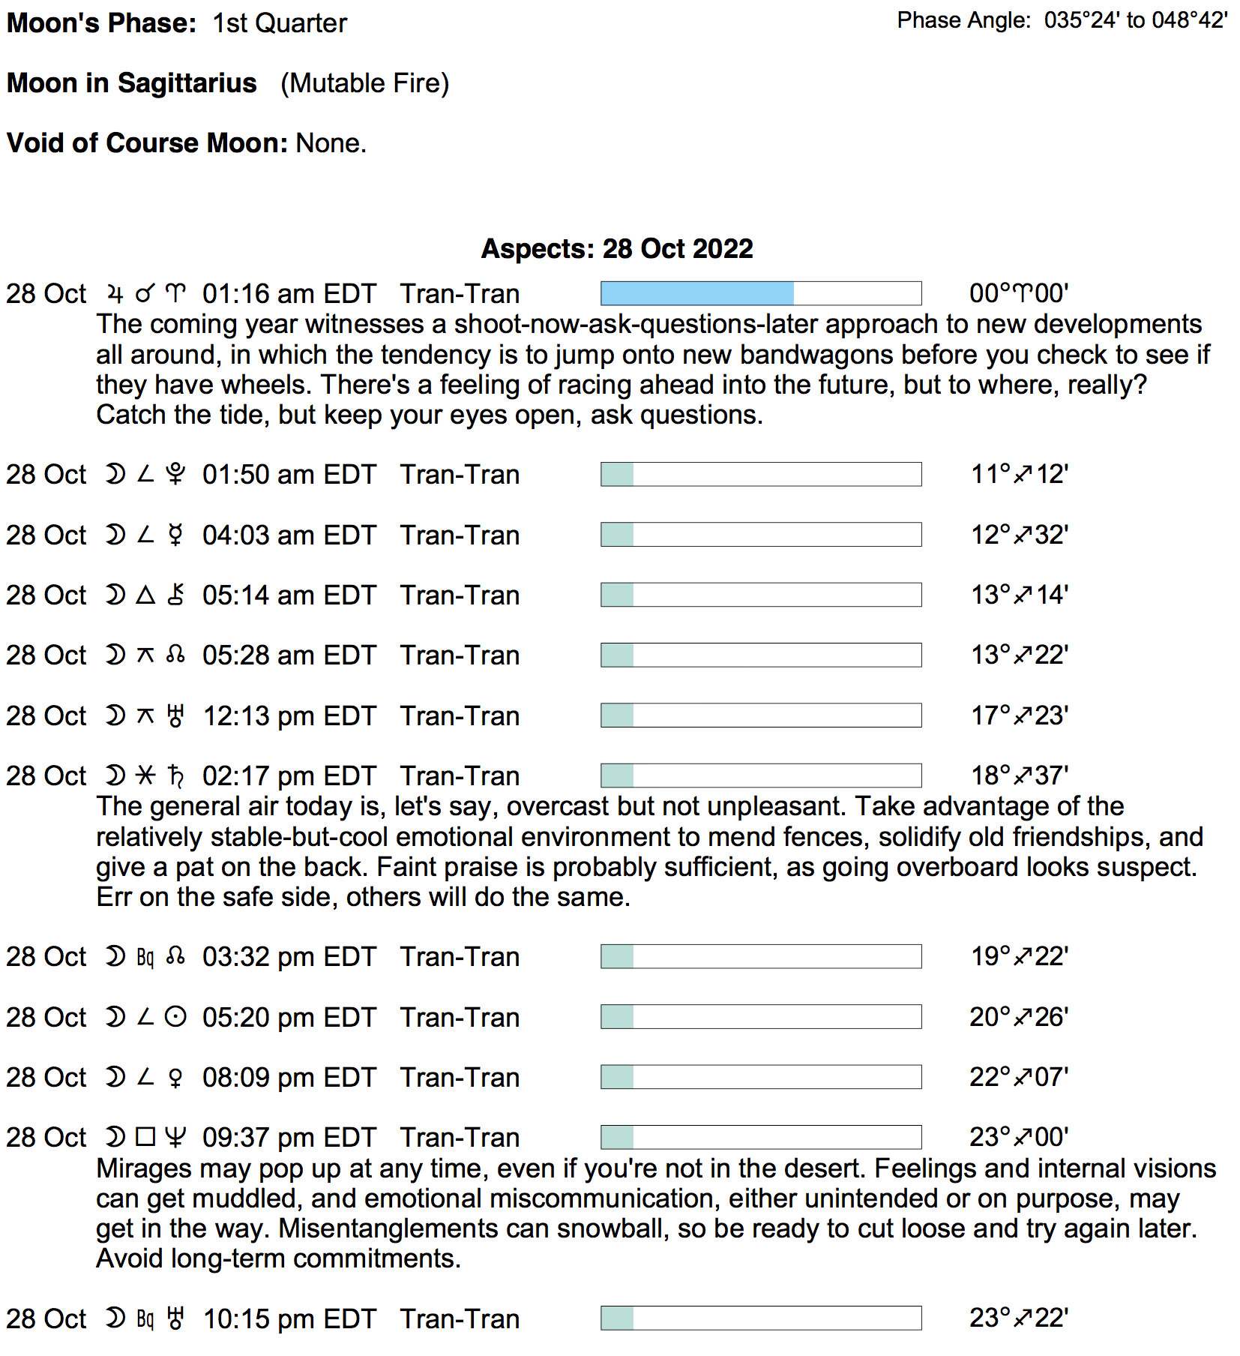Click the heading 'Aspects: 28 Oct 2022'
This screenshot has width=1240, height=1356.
[x=617, y=249]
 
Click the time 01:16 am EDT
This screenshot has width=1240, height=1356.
[x=289, y=294]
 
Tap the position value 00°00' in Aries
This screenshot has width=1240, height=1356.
[x=1018, y=293]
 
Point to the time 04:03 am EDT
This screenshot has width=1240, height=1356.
[x=289, y=535]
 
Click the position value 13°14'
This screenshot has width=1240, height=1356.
[x=1019, y=595]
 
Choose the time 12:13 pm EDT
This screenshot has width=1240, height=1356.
[x=289, y=716]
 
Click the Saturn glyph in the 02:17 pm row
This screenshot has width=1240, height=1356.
[x=175, y=776]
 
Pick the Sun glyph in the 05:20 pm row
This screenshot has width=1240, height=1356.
[x=175, y=1018]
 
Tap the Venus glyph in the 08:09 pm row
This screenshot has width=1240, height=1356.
[x=175, y=1078]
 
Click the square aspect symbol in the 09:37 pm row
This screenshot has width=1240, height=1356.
[x=145, y=1138]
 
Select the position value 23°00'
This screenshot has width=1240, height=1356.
[x=1018, y=1138]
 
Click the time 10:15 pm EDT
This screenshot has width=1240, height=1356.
[x=289, y=1319]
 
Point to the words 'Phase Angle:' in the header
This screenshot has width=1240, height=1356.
[x=964, y=20]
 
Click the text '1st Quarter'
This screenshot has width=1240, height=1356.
[x=280, y=23]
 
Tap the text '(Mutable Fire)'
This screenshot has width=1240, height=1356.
[x=364, y=83]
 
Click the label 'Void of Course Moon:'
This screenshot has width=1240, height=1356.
[x=147, y=143]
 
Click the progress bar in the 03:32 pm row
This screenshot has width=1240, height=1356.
[x=760, y=957]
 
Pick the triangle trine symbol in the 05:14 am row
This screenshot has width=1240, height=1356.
[x=145, y=595]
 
